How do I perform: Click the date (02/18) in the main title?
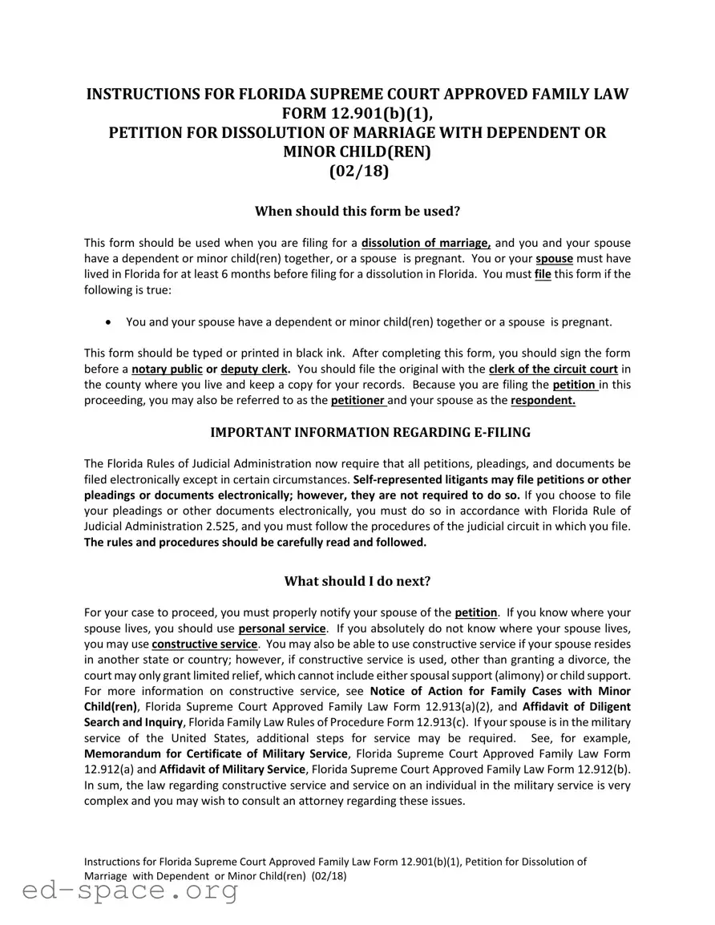point(357,171)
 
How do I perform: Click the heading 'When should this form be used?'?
point(357,212)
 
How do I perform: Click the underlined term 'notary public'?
point(167,369)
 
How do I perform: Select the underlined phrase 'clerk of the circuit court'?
point(553,369)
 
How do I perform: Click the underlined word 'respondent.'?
point(543,400)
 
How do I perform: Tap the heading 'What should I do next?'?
point(357,581)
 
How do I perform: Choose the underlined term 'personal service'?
point(282,628)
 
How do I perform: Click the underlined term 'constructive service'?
point(204,644)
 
